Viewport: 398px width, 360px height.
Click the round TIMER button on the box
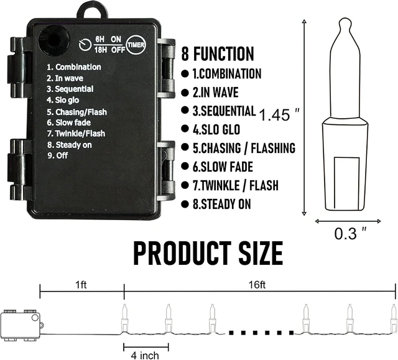[x=136, y=45]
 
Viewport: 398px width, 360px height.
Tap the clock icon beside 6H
[x=85, y=45]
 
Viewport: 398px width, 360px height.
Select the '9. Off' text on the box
[x=58, y=155]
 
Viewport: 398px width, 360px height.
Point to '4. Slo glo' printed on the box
[x=63, y=100]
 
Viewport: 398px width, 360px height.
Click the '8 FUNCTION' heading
[x=218, y=53]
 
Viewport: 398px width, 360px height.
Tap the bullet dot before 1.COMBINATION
[x=185, y=74]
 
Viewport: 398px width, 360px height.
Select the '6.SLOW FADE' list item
[x=223, y=167]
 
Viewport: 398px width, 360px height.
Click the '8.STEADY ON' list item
[x=221, y=204]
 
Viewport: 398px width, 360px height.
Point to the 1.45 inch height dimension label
[x=279, y=114]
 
